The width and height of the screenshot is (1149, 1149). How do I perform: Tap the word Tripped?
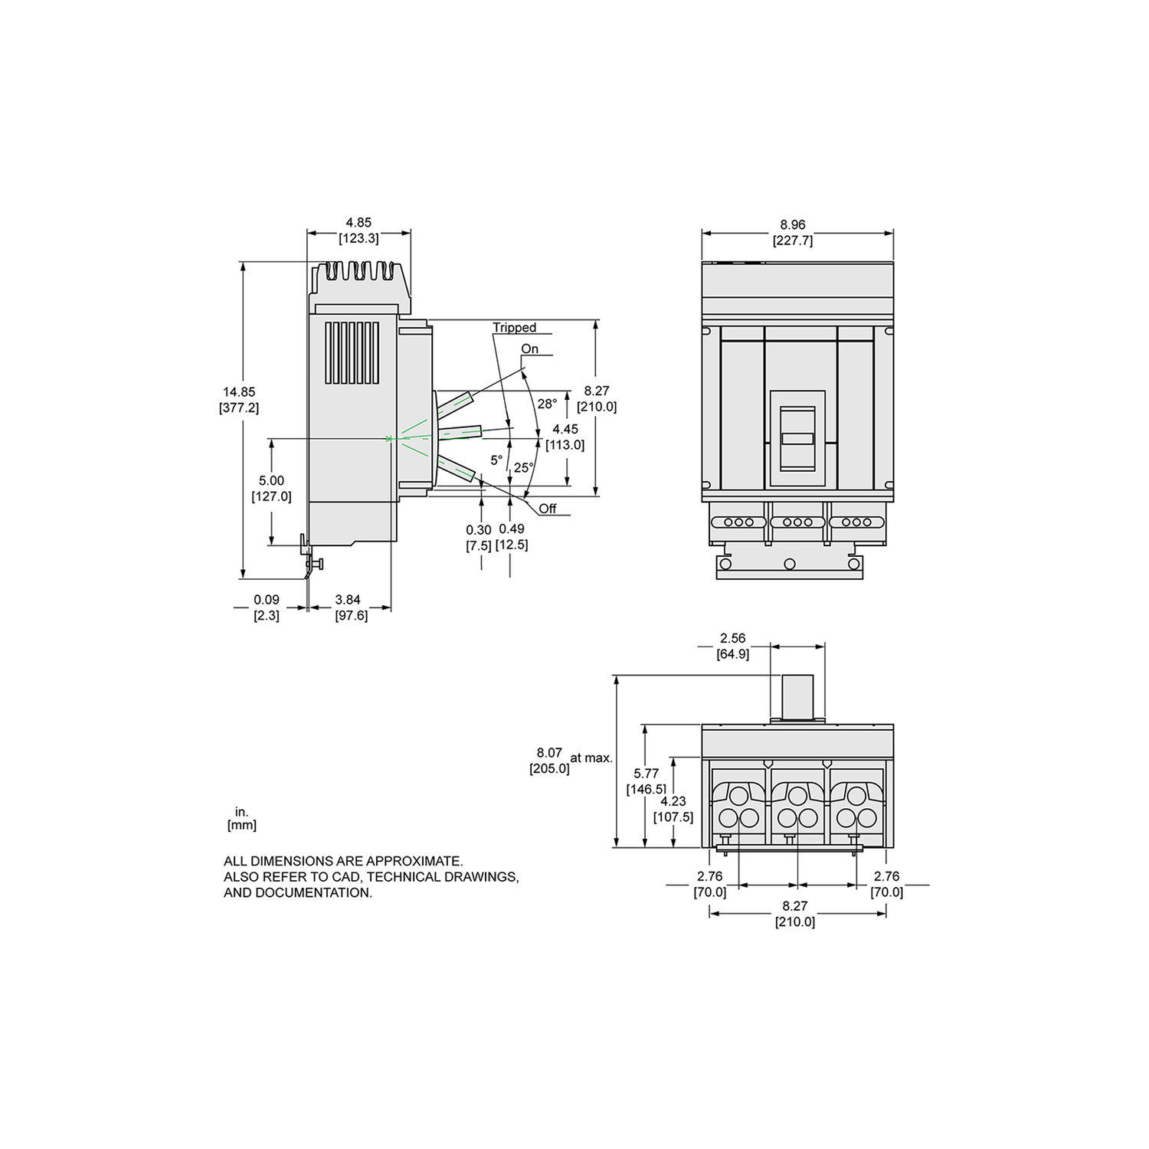pos(514,328)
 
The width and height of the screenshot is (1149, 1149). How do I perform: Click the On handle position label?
pos(529,349)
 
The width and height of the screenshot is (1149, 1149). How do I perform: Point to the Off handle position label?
pos(547,509)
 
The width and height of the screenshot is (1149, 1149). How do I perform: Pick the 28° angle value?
pos(546,404)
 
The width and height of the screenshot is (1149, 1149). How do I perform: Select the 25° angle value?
pos(523,467)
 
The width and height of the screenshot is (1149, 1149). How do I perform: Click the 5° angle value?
pos(496,460)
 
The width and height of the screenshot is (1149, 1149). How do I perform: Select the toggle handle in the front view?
pos(797,437)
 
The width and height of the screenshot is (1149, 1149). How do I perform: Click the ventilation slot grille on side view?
pos(352,352)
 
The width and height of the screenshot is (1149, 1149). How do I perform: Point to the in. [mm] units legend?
pos(241,818)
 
